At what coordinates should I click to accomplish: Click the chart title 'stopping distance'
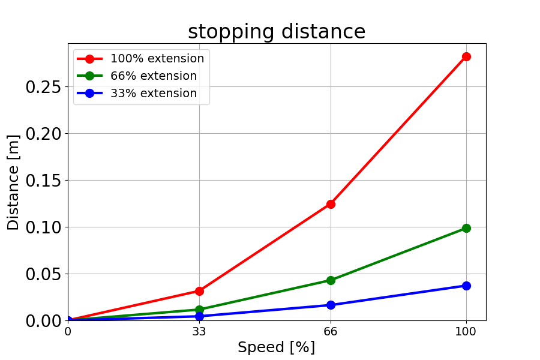[x=277, y=32]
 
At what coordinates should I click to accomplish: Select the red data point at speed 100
[x=466, y=56]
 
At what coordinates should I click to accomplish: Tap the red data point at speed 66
[x=331, y=204]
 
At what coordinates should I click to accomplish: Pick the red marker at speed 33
[x=199, y=291]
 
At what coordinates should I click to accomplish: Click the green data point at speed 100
[x=466, y=228]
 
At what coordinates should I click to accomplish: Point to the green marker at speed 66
[x=331, y=280]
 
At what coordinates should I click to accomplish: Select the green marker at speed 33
[x=199, y=310]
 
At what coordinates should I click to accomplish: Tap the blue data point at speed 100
[x=466, y=286]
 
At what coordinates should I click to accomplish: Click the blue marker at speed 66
[x=331, y=305]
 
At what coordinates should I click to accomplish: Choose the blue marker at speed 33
[x=199, y=316]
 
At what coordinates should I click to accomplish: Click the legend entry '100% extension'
[x=157, y=59]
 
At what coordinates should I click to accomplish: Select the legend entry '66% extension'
[x=153, y=76]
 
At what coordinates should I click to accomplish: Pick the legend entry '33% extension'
[x=153, y=94]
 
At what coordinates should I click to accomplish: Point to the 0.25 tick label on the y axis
[x=43, y=87]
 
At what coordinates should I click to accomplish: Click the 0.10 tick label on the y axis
[x=43, y=227]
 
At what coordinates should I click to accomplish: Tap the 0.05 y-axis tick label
[x=43, y=274]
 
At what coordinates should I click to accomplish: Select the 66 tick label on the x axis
[x=331, y=331]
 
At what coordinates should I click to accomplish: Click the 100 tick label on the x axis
[x=466, y=331]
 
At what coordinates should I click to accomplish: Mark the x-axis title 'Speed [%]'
[x=276, y=347]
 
